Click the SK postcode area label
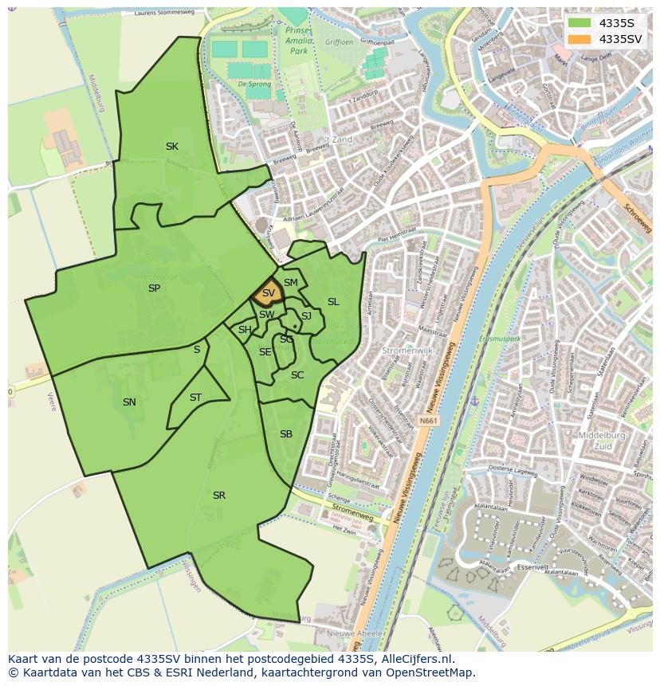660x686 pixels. [172, 147]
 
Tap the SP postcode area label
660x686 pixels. [155, 288]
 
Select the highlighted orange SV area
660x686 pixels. [268, 294]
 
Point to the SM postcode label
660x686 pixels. [291, 283]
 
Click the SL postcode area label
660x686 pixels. [333, 302]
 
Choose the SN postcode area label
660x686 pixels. [129, 402]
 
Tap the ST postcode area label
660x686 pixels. [195, 398]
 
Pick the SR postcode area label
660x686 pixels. [219, 496]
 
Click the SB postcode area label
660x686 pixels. [286, 434]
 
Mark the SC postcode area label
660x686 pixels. [297, 375]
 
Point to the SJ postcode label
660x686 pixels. [306, 316]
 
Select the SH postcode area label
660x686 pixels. [245, 330]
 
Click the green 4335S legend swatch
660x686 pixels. [579, 23]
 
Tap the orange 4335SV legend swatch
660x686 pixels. [579, 39]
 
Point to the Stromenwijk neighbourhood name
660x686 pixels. [407, 350]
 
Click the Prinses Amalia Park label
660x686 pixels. [297, 40]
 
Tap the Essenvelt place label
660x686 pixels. [532, 567]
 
